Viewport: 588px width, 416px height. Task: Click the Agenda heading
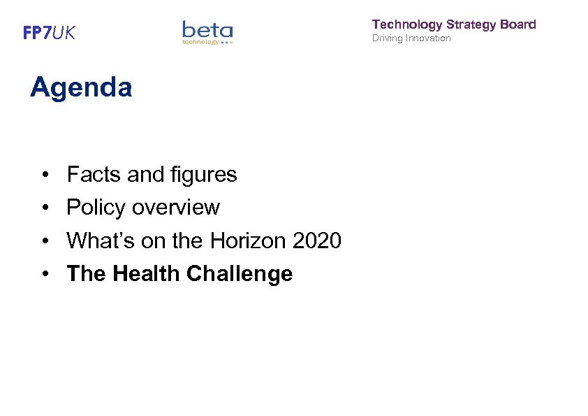coord(81,88)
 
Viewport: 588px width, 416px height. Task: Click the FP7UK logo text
coord(49,33)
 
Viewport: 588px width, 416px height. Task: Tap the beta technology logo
coord(207,32)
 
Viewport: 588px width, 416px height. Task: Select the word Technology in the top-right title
coord(407,24)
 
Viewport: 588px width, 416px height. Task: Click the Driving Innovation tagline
coord(411,38)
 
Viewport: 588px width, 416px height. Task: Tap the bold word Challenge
coord(239,274)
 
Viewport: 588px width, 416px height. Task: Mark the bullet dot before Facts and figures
coord(44,175)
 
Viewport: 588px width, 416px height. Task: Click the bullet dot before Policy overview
coord(44,208)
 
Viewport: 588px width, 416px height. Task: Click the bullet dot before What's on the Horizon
coord(44,241)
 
